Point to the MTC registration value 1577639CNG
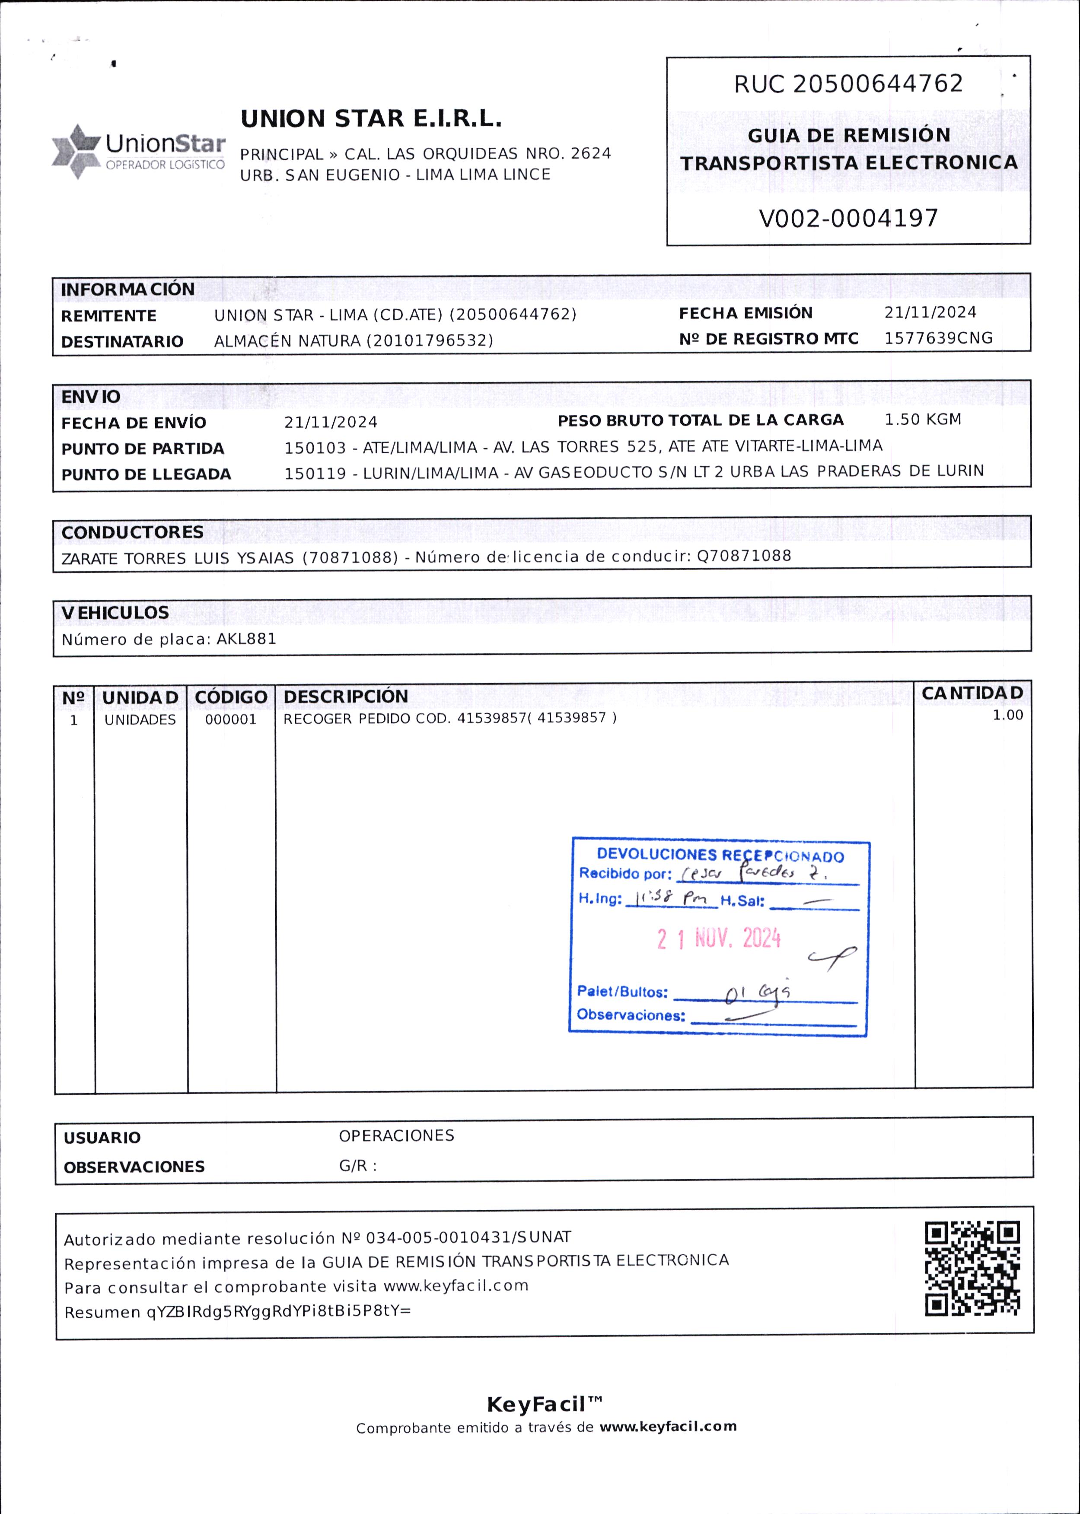(x=938, y=338)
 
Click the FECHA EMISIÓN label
(x=745, y=313)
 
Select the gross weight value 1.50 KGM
(x=922, y=420)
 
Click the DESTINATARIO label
(x=122, y=342)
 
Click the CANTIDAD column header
(x=972, y=693)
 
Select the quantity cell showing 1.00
(x=1007, y=716)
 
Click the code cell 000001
(x=230, y=720)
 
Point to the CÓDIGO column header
(x=231, y=697)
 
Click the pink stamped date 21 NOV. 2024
(x=718, y=938)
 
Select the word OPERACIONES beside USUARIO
(x=396, y=1135)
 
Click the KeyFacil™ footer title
(x=545, y=1404)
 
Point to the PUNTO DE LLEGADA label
(x=147, y=474)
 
